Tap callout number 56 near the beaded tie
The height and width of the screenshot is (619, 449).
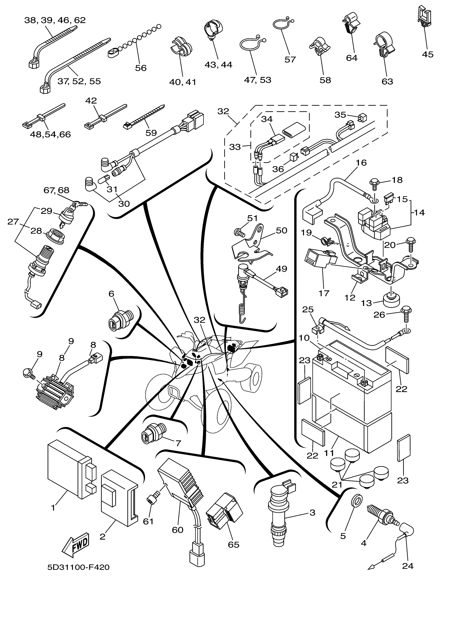(141, 68)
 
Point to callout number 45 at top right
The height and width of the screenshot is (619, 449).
(428, 54)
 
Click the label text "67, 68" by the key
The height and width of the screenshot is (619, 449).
(56, 190)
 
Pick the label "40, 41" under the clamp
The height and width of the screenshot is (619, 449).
(183, 82)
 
